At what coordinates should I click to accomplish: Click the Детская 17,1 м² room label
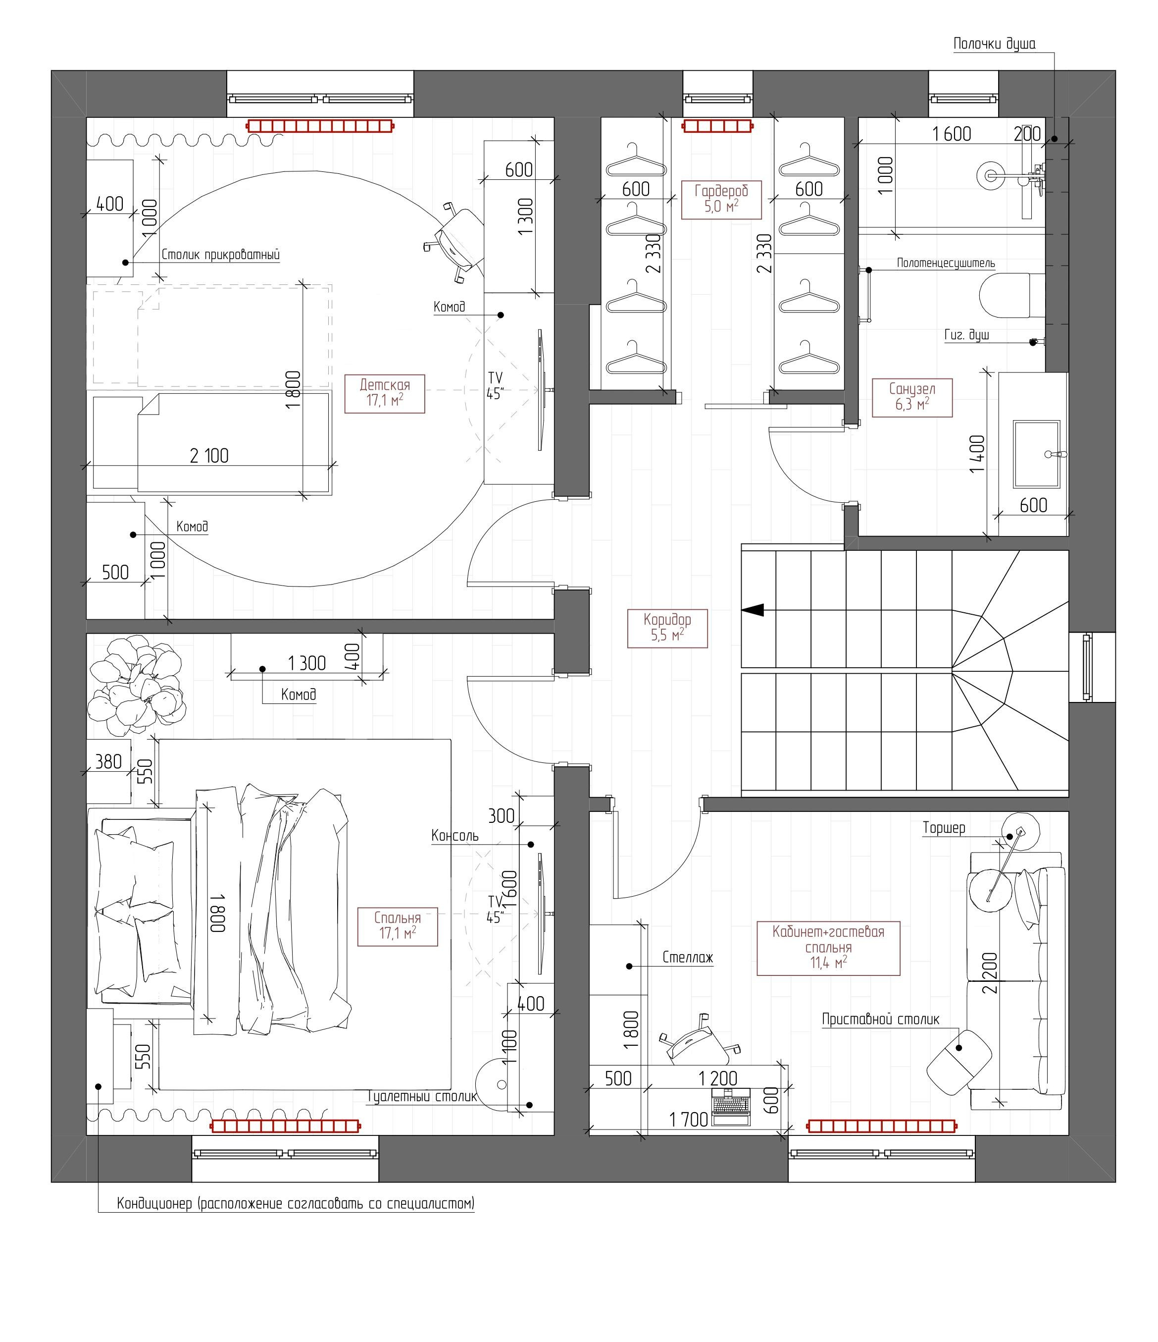click(x=385, y=393)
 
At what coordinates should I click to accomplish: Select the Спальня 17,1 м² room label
click(x=398, y=925)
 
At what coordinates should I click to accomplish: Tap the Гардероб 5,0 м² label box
click(x=721, y=199)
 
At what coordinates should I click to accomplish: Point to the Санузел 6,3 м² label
click(x=911, y=397)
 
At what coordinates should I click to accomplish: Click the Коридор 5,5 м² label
click(x=667, y=627)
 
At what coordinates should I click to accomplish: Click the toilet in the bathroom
click(x=1008, y=295)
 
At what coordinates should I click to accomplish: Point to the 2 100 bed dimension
click(x=209, y=456)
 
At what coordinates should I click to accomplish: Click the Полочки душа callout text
click(x=994, y=44)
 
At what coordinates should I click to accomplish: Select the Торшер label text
click(x=944, y=828)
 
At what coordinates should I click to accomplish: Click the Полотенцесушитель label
click(x=945, y=263)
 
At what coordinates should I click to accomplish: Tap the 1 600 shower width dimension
click(x=951, y=134)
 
